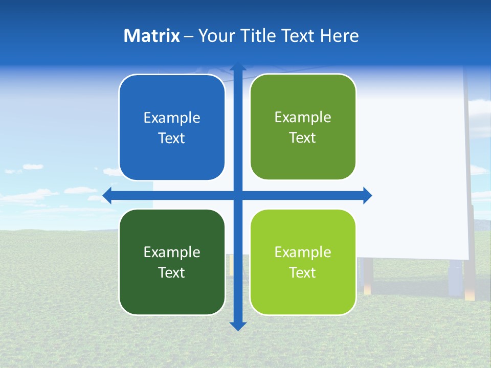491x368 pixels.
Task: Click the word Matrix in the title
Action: (x=151, y=36)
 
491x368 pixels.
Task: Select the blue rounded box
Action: (x=172, y=128)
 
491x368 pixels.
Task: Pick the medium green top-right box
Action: (x=303, y=127)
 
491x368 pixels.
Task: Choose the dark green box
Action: (x=172, y=262)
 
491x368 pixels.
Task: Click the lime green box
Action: (x=303, y=262)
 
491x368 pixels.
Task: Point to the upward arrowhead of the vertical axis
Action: (x=238, y=67)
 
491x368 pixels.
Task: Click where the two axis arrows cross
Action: (x=238, y=195)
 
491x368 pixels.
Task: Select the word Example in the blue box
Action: (x=172, y=118)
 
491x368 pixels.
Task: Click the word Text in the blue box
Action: (x=172, y=139)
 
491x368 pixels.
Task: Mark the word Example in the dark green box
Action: (x=172, y=252)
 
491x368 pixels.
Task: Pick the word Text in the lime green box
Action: (x=303, y=273)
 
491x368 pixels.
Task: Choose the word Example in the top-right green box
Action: (x=303, y=118)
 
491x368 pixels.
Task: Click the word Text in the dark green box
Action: (x=172, y=273)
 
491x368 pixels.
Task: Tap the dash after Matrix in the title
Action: (x=189, y=37)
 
